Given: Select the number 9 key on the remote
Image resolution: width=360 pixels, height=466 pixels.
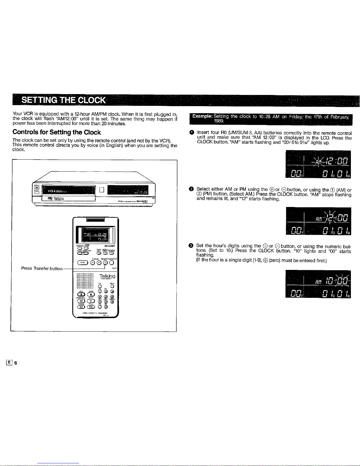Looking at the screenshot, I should click(112, 301).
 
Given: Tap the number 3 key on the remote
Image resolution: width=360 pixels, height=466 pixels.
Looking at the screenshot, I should click(112, 291).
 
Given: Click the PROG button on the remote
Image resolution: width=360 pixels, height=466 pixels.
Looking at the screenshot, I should click(82, 263).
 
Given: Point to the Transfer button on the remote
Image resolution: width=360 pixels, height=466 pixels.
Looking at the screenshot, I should click(106, 263).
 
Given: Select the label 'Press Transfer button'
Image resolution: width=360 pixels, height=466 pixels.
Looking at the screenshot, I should click(42, 268).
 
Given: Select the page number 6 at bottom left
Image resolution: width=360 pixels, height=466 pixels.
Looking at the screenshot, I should click(16, 363).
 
